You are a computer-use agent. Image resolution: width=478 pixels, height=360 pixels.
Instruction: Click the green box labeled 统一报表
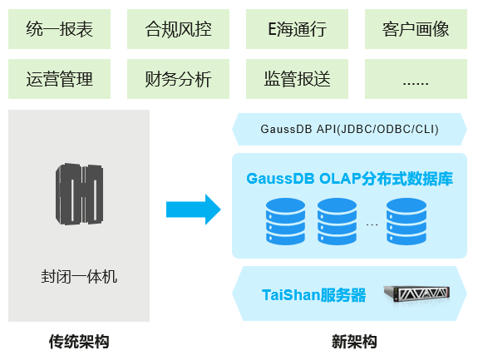point(60,29)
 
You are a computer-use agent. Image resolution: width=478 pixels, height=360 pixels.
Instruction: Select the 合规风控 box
point(179,29)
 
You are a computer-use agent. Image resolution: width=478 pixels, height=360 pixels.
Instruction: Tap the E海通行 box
point(298,29)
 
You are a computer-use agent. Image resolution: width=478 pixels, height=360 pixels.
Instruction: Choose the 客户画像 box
point(416,29)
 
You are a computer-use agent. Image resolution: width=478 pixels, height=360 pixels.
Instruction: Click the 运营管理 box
point(60,79)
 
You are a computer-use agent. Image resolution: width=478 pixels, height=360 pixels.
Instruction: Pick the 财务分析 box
point(179,79)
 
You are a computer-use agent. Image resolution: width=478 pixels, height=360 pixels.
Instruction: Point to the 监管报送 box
point(298,79)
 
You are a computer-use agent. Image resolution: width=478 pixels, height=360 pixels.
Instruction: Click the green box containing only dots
point(416,79)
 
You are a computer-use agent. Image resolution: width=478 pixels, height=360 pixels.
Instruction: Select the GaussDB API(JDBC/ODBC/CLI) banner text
point(350,129)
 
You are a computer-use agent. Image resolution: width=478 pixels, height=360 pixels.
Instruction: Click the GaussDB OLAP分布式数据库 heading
point(350,179)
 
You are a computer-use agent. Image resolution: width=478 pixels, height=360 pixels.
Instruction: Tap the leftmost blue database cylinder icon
point(286,221)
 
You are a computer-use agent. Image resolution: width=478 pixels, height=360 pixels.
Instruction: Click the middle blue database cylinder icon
point(338,221)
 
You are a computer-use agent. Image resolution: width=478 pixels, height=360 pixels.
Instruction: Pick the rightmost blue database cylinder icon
point(407,221)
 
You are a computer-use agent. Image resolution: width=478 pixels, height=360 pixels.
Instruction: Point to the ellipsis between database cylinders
point(372,225)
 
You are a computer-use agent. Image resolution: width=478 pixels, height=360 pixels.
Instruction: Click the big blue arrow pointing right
point(194,210)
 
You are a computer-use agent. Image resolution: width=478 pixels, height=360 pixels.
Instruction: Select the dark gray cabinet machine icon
point(79,194)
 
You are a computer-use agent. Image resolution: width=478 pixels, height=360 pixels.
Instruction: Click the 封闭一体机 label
point(79,277)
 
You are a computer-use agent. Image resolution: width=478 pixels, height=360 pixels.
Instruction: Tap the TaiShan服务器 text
point(313,295)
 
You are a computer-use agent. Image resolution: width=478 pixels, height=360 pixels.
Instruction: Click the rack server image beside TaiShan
point(416,293)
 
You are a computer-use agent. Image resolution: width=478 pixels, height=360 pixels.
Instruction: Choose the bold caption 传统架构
point(79,342)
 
